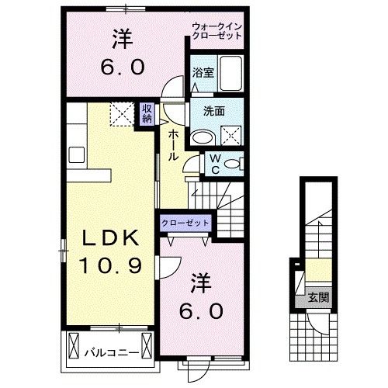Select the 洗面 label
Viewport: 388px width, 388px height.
[214, 111]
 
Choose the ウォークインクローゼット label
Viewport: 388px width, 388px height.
[217, 32]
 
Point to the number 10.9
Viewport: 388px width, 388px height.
[109, 267]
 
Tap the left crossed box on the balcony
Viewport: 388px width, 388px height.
[74, 342]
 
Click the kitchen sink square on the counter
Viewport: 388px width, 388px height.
[76, 153]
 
